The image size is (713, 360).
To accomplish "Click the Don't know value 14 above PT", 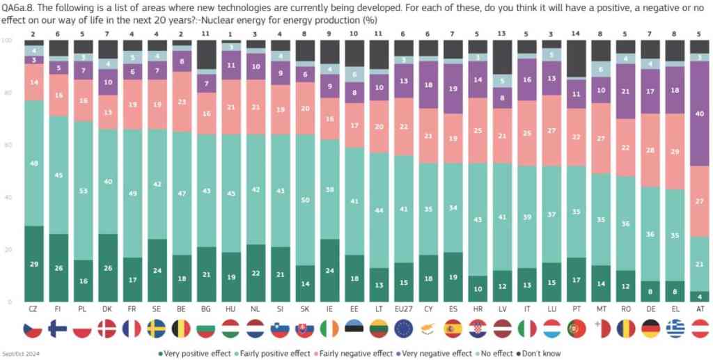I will [574, 33].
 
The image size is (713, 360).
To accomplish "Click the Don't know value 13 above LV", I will [501, 33].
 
